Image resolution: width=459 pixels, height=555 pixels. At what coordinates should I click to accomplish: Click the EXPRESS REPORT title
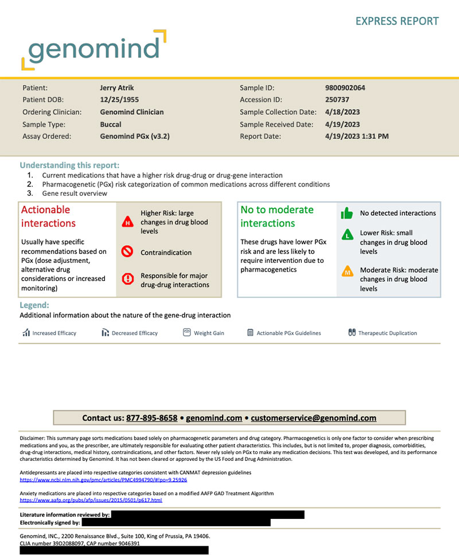(397, 21)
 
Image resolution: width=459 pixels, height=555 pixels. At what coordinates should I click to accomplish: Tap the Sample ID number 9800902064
(345, 88)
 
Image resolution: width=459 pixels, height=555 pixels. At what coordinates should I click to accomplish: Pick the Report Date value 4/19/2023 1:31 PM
(357, 137)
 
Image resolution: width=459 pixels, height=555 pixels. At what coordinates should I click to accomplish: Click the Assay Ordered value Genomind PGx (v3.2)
(134, 137)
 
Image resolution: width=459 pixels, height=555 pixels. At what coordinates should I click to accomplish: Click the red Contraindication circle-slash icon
(128, 252)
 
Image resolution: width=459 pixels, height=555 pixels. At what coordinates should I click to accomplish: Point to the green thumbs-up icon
(347, 214)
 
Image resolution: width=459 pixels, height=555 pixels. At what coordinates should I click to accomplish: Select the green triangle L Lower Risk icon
(347, 235)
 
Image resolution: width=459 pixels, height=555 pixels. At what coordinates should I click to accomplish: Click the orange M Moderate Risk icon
(347, 271)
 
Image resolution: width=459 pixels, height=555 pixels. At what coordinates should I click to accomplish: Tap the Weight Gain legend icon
(186, 332)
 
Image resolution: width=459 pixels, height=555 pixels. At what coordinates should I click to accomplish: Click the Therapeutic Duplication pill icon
(352, 332)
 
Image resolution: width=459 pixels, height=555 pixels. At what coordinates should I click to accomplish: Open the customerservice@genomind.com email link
(314, 418)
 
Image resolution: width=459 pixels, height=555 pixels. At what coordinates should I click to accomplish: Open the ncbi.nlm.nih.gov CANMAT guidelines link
(103, 479)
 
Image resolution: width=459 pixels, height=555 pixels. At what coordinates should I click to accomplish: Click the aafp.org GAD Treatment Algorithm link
(91, 500)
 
